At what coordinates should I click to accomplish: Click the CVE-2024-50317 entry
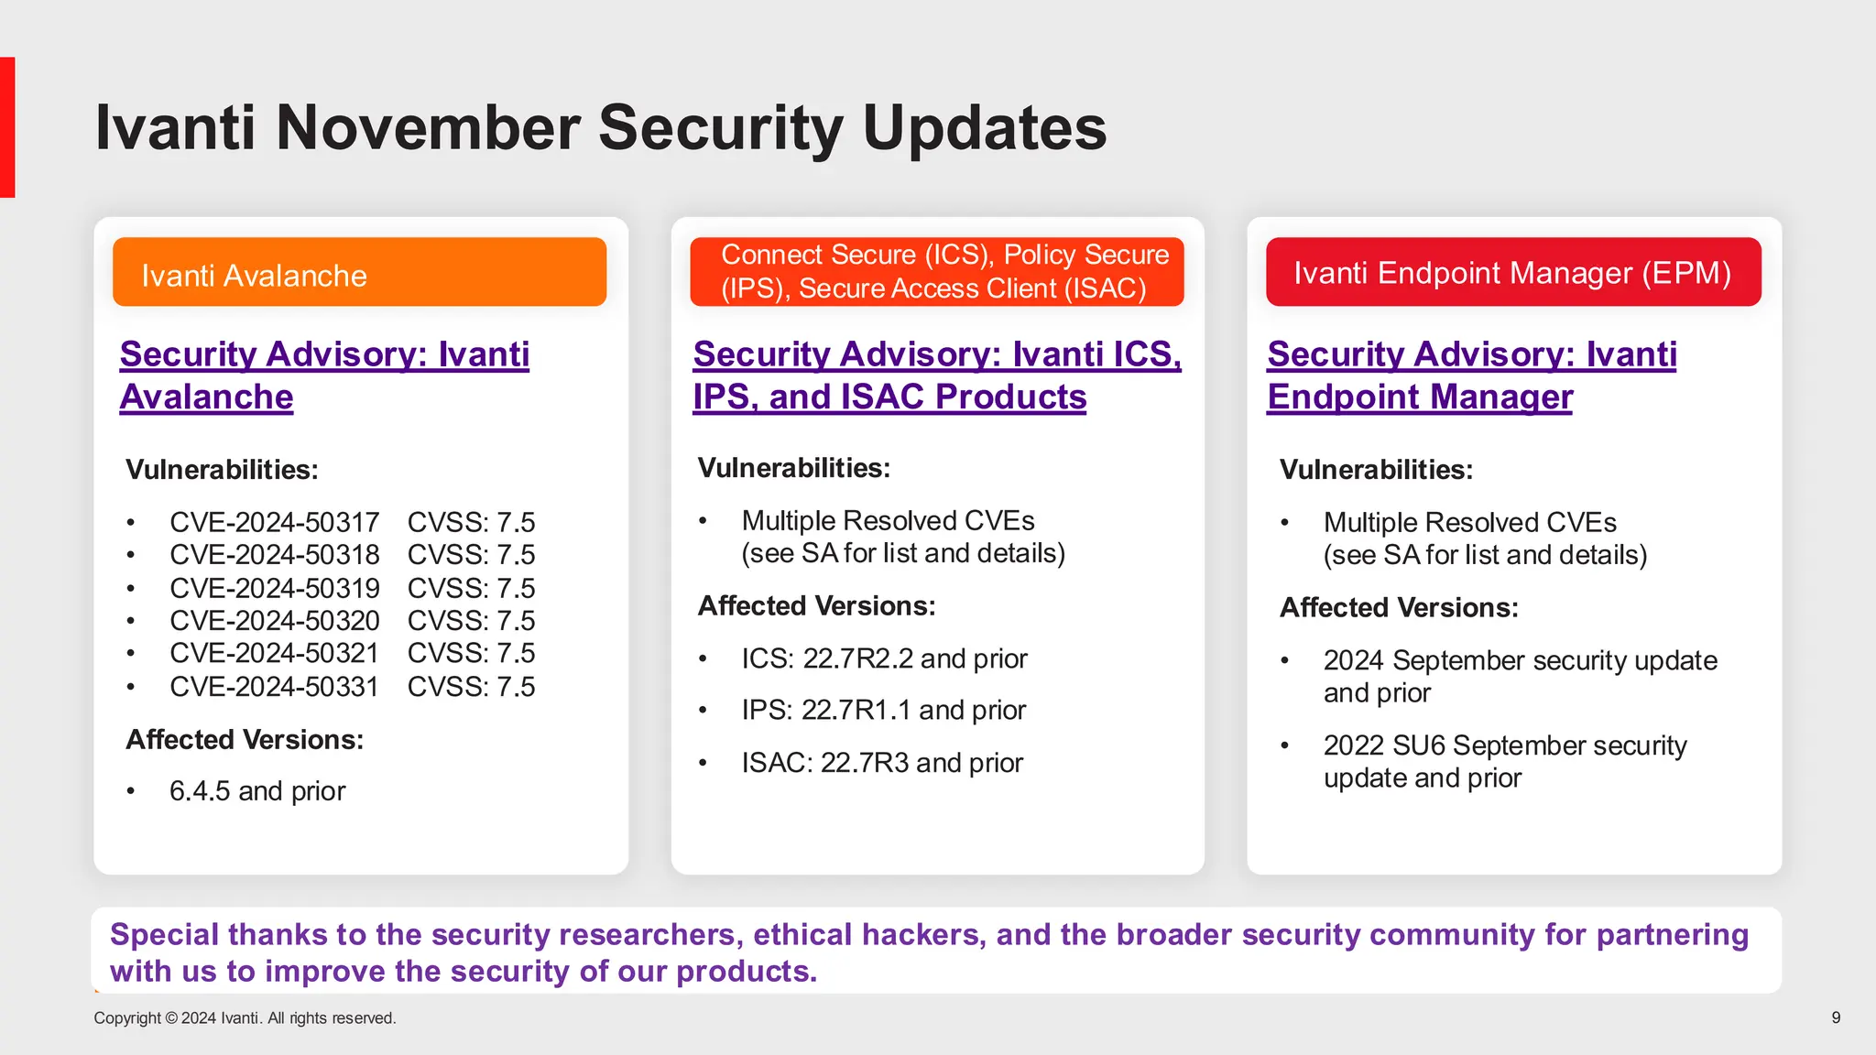point(274,522)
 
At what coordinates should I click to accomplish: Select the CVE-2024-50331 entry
point(274,686)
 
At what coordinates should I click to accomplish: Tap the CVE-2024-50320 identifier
point(274,620)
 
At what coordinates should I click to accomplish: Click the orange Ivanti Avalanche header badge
point(359,272)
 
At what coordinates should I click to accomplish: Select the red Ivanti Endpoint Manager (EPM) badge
point(1513,272)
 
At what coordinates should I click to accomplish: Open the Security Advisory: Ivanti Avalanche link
point(324,375)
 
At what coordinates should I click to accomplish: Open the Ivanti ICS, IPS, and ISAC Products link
point(936,375)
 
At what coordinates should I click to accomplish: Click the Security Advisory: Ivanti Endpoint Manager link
point(1471,375)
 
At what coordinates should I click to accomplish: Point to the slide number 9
point(1836,1017)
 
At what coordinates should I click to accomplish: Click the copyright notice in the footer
point(245,1018)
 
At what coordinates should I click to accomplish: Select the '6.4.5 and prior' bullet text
point(257,791)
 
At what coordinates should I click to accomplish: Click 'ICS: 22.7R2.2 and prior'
point(884,658)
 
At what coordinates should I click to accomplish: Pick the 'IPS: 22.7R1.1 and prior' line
point(883,710)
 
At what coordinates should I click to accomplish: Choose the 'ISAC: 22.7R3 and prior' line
point(881,763)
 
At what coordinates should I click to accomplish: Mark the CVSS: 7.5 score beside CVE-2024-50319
point(471,588)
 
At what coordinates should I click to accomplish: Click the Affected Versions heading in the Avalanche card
point(245,739)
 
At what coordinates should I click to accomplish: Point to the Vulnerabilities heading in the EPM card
point(1376,470)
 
